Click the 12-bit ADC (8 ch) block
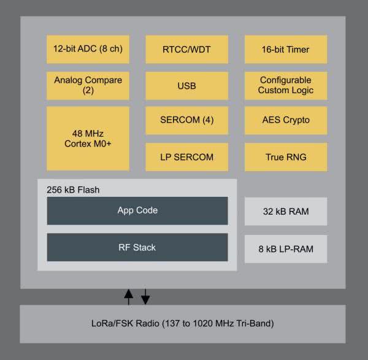[88, 49]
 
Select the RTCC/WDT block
[186, 49]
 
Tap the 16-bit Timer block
[285, 49]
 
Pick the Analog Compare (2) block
[88, 85]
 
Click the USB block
[186, 85]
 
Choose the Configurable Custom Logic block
[285, 85]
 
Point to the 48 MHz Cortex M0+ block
[88, 138]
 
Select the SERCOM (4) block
[186, 120]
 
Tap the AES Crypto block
[285, 120]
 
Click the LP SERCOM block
[186, 157]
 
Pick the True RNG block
[285, 157]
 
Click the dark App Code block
[137, 210]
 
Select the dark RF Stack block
[137, 247]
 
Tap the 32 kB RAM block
[285, 212]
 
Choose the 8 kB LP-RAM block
[285, 248]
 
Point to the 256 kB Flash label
[73, 190]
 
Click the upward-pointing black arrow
[128, 297]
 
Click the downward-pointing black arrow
[145, 297]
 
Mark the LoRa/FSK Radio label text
[182, 323]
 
